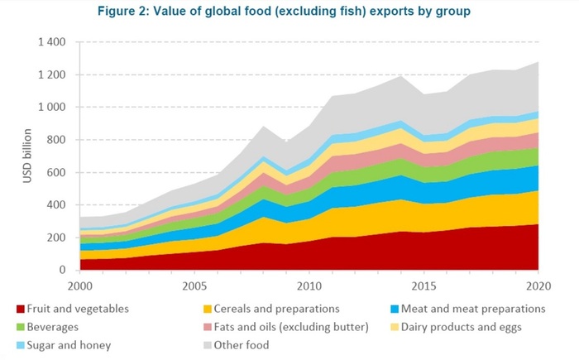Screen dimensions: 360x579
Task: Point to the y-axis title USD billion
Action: point(12,155)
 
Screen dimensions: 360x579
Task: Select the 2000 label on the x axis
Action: point(79,286)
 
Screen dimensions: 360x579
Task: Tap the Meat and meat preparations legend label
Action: point(473,309)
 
